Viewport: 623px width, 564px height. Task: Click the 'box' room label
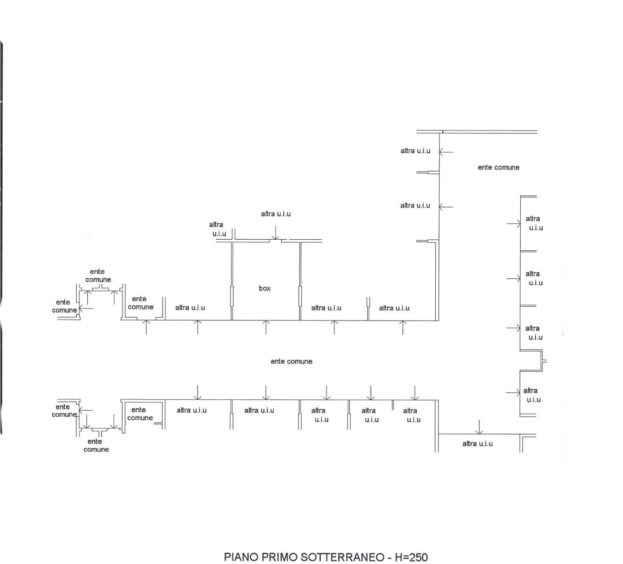[x=264, y=288]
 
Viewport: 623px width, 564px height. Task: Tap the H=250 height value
[x=412, y=557]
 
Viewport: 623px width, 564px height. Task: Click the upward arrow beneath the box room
[x=266, y=327]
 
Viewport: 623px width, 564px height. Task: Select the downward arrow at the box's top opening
[x=275, y=233]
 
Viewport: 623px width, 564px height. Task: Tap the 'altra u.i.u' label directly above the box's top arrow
[x=276, y=214]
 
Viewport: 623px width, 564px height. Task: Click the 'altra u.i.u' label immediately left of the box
[x=190, y=308]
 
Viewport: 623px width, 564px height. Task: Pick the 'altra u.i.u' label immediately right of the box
[x=326, y=308]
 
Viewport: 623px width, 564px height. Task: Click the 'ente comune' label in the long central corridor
[x=291, y=361]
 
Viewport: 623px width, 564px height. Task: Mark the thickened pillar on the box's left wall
[x=232, y=296]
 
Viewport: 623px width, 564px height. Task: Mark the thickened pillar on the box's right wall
[x=300, y=296]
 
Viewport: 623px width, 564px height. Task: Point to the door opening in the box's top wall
[x=275, y=240]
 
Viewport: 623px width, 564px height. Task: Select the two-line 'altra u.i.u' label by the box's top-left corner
[x=219, y=229]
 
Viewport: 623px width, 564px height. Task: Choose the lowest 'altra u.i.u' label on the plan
[x=477, y=444]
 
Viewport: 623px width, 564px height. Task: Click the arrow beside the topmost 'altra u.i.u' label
[x=446, y=152]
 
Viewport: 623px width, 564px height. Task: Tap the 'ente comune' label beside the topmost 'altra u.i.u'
[x=498, y=167]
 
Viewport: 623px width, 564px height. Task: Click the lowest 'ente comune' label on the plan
[x=96, y=445]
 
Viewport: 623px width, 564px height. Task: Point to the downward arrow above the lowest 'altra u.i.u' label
[x=479, y=427]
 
